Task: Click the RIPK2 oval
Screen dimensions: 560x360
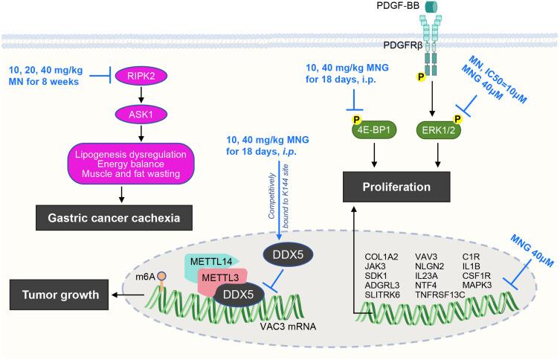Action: pyautogui.click(x=141, y=76)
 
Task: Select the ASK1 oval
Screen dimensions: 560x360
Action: pyautogui.click(x=141, y=115)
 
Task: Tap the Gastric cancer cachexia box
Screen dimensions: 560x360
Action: pyautogui.click(x=114, y=218)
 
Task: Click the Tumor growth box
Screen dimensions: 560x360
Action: pyautogui.click(x=59, y=295)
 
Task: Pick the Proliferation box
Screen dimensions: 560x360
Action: pyautogui.click(x=396, y=187)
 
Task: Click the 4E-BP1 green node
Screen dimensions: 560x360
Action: pyautogui.click(x=374, y=130)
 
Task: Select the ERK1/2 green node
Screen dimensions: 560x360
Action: pyautogui.click(x=439, y=130)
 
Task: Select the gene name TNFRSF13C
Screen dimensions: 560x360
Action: pyautogui.click(x=440, y=295)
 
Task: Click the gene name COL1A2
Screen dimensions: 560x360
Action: pyautogui.click(x=382, y=257)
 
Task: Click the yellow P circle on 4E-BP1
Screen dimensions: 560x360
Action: pyautogui.click(x=356, y=119)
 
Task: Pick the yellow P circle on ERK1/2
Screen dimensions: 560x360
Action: pyautogui.click(x=457, y=119)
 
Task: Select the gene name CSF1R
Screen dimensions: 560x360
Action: pyautogui.click(x=477, y=276)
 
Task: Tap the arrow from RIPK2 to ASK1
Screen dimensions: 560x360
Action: pyautogui.click(x=141, y=95)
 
